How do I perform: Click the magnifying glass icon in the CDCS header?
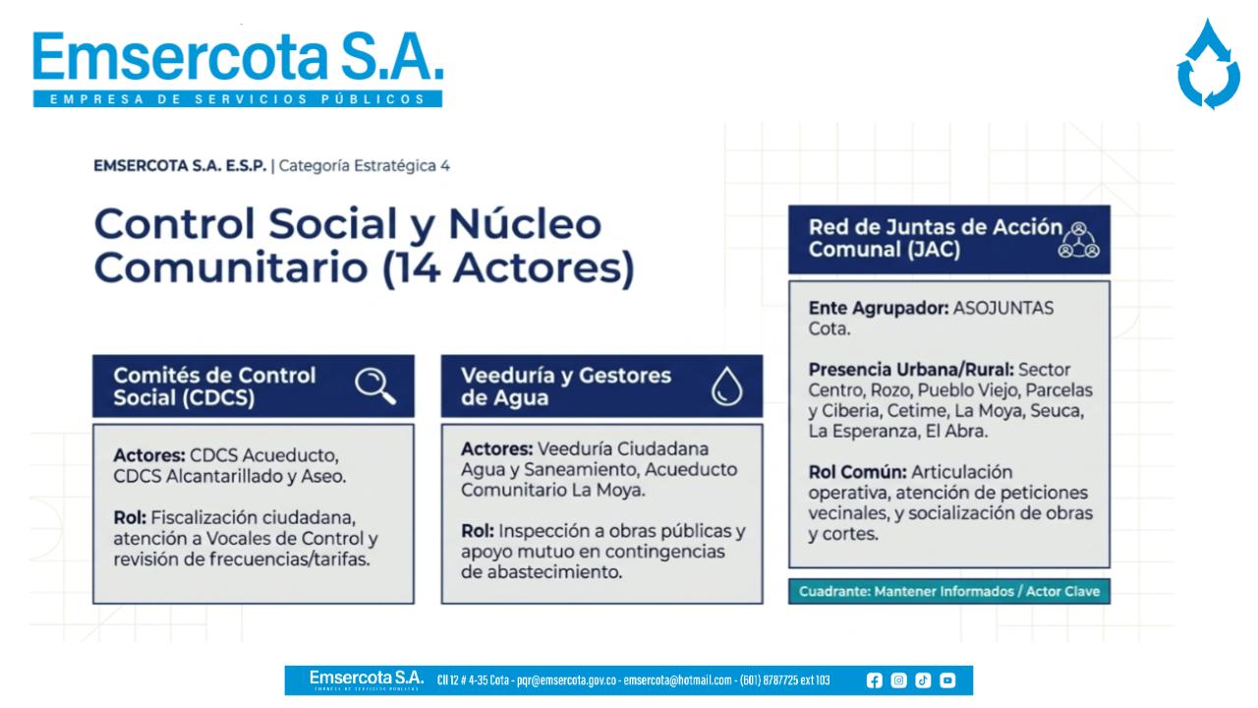[374, 385]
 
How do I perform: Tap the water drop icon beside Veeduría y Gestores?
[726, 386]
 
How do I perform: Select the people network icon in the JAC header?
[1078, 240]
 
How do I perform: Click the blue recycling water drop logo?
[1209, 65]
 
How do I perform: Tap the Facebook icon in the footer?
[874, 680]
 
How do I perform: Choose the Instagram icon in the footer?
[898, 680]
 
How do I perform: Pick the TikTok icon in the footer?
[923, 680]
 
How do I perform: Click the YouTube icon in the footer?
[947, 680]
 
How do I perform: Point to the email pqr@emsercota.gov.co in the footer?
[567, 680]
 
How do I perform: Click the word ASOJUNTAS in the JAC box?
[1003, 308]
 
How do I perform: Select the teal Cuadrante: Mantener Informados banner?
[949, 591]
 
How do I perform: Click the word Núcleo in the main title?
[525, 224]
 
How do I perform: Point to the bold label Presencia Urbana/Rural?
[911, 370]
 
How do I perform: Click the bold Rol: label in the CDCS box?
[130, 517]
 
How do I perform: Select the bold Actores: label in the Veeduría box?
[497, 449]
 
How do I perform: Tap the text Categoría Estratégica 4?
[364, 166]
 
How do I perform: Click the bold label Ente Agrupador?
[879, 308]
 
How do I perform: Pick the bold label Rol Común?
[858, 472]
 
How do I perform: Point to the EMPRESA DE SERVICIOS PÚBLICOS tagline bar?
[238, 99]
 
